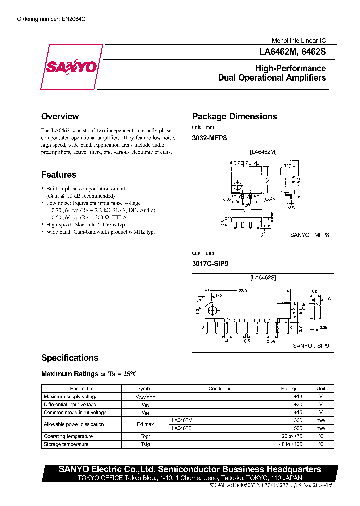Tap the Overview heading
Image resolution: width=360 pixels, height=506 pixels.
pos(60,117)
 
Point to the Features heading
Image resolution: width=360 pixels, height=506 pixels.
pos(59,175)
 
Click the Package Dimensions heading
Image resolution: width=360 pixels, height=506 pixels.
pos(234,117)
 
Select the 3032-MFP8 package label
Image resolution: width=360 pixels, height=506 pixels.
pos(210,138)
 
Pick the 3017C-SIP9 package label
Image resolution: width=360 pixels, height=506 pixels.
pos(210,263)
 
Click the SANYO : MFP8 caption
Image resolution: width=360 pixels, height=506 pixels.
pos(310,234)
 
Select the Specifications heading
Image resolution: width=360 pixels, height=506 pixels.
pos(70,358)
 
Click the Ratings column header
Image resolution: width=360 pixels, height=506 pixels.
pos(289,388)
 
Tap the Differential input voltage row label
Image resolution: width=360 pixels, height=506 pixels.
pos(70,404)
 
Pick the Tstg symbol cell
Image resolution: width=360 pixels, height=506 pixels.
pos(145,444)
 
